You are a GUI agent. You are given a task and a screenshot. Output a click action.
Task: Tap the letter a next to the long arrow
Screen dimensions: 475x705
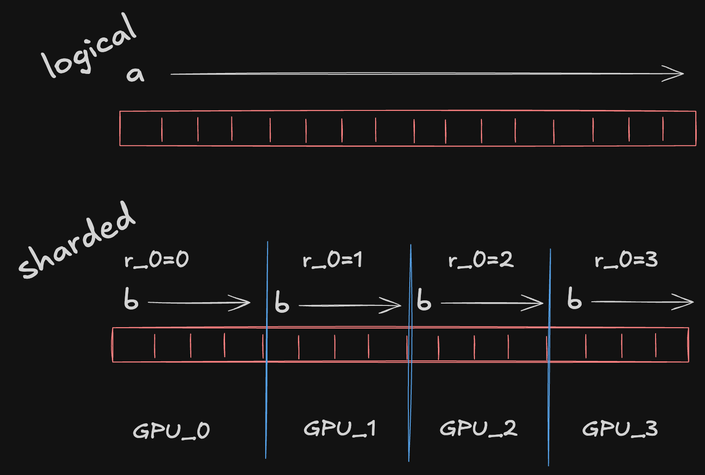click(135, 74)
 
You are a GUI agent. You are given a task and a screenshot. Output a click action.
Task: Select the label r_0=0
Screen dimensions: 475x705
click(157, 260)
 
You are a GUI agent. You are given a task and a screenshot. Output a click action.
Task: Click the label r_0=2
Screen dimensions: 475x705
click(481, 260)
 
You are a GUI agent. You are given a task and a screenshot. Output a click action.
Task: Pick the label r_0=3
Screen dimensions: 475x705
click(626, 260)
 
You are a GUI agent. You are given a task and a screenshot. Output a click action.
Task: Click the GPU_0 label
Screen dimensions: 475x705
click(171, 431)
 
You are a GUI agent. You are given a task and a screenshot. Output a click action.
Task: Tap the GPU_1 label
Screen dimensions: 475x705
click(340, 428)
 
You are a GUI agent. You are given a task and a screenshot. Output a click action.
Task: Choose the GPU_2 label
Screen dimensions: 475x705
click(478, 428)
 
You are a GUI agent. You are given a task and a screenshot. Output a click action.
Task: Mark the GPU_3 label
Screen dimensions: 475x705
click(620, 429)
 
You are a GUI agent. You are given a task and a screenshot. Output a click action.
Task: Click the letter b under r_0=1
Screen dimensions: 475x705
click(282, 302)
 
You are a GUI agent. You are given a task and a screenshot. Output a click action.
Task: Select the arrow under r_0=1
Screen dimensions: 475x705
click(350, 305)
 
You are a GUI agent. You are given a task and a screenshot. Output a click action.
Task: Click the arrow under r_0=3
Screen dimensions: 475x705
click(642, 302)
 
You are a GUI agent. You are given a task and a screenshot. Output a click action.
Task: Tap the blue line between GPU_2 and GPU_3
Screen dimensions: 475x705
click(549, 393)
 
